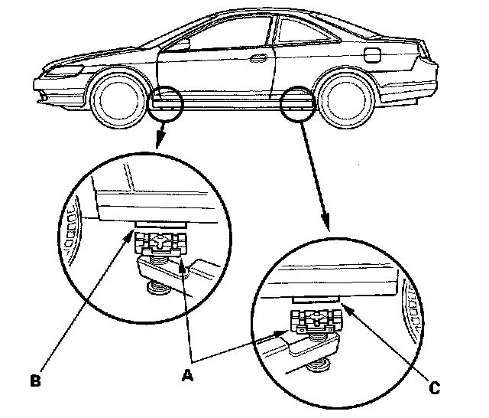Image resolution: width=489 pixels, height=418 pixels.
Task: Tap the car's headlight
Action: click(67, 70)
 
